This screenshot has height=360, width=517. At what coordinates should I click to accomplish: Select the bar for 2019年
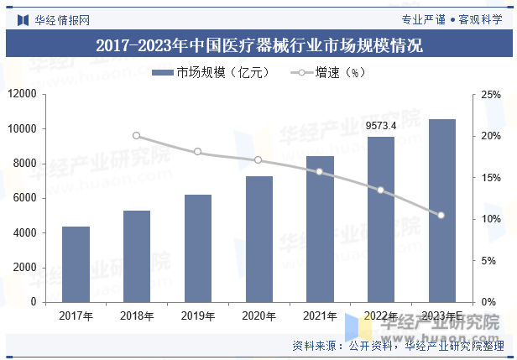pos(197,248)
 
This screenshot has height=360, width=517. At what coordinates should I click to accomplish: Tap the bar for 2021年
pos(319,228)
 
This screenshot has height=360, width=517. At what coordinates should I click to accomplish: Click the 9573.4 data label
pos(380,126)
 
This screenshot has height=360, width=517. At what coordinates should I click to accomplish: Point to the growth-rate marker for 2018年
pos(137,136)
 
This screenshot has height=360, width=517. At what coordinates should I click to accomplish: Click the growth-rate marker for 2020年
pos(258,159)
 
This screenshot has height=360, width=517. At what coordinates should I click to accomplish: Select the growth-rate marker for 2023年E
pos(441,216)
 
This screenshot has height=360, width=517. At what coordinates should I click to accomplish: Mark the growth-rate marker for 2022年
pos(380,190)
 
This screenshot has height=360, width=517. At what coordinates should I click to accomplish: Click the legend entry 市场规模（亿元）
pos(210,73)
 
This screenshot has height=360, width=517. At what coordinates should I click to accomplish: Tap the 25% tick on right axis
pos(491,95)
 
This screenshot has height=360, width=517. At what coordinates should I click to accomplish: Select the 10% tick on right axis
pos(491,219)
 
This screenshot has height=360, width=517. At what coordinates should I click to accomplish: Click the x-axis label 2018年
pos(137,316)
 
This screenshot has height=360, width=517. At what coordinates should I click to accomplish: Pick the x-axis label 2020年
pos(258,316)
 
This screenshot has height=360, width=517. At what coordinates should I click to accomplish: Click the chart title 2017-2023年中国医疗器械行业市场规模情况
pos(258,45)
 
